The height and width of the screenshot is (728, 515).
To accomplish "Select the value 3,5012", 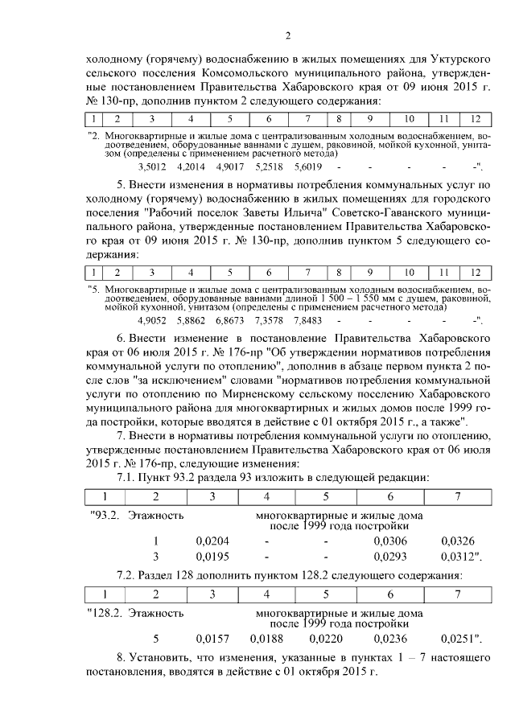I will click(151, 167).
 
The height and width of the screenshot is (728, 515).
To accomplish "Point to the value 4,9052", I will click(151, 320).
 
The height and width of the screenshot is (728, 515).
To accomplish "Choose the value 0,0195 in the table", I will click(212, 556).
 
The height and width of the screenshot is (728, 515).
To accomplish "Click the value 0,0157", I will click(212, 639).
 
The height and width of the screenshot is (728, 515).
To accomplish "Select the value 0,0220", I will click(325, 639).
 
